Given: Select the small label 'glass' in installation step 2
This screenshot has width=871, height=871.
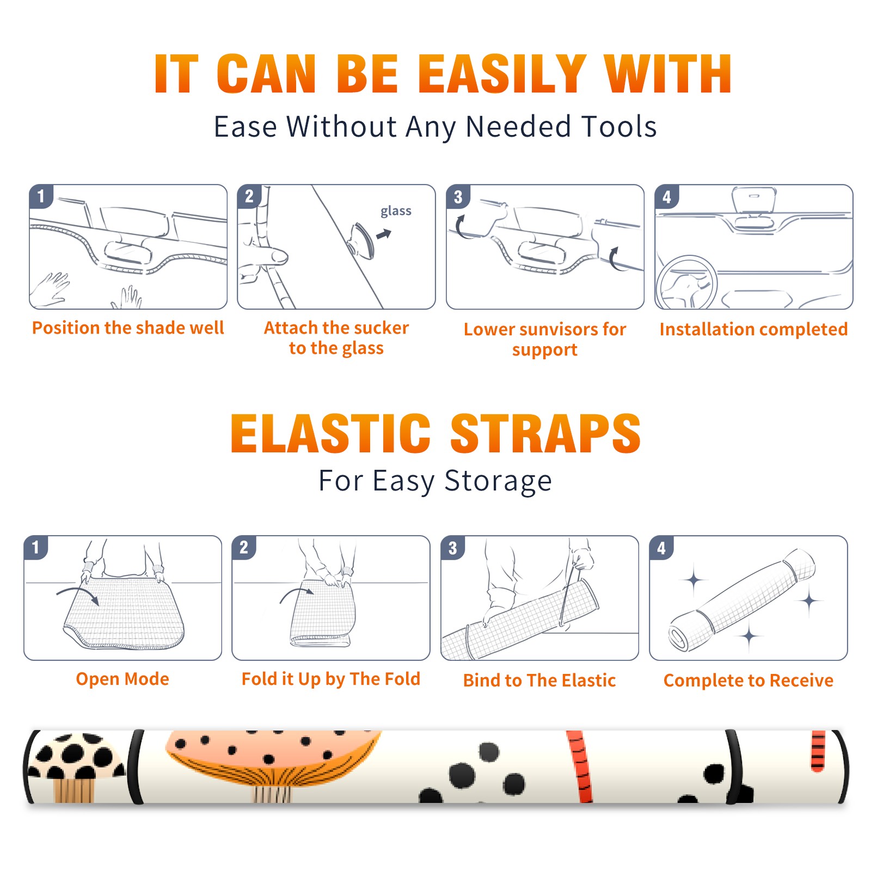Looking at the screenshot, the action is click(x=396, y=211).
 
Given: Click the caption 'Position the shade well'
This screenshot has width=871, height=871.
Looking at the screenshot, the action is click(x=128, y=328).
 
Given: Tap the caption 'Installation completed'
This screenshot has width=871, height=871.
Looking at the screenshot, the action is click(x=753, y=329).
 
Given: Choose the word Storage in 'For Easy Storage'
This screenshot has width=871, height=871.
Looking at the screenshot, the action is click(x=498, y=481).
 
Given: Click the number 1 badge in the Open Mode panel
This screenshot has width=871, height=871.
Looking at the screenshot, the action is click(x=36, y=547).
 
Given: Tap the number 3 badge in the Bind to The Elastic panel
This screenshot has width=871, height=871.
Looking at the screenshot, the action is click(x=453, y=548).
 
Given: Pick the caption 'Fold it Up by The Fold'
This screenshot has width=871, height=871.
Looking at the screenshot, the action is click(x=331, y=679).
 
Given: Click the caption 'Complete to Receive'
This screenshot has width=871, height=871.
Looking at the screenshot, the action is click(x=749, y=680).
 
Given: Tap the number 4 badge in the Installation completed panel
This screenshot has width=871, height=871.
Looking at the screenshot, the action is click(x=667, y=197).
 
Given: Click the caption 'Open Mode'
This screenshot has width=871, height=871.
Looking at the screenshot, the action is click(x=122, y=679).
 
